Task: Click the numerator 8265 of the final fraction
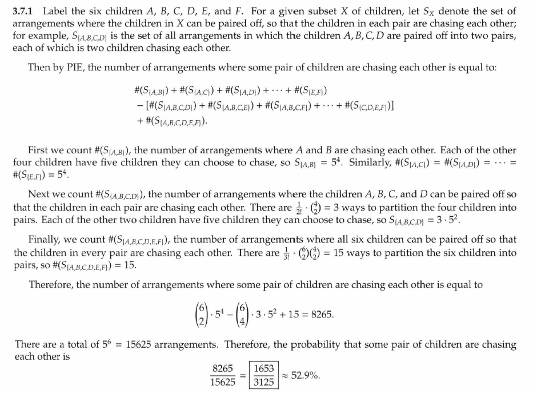click(223, 371)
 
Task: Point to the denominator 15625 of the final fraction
click(223, 383)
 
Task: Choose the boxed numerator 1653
click(263, 371)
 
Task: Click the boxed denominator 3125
click(263, 383)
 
